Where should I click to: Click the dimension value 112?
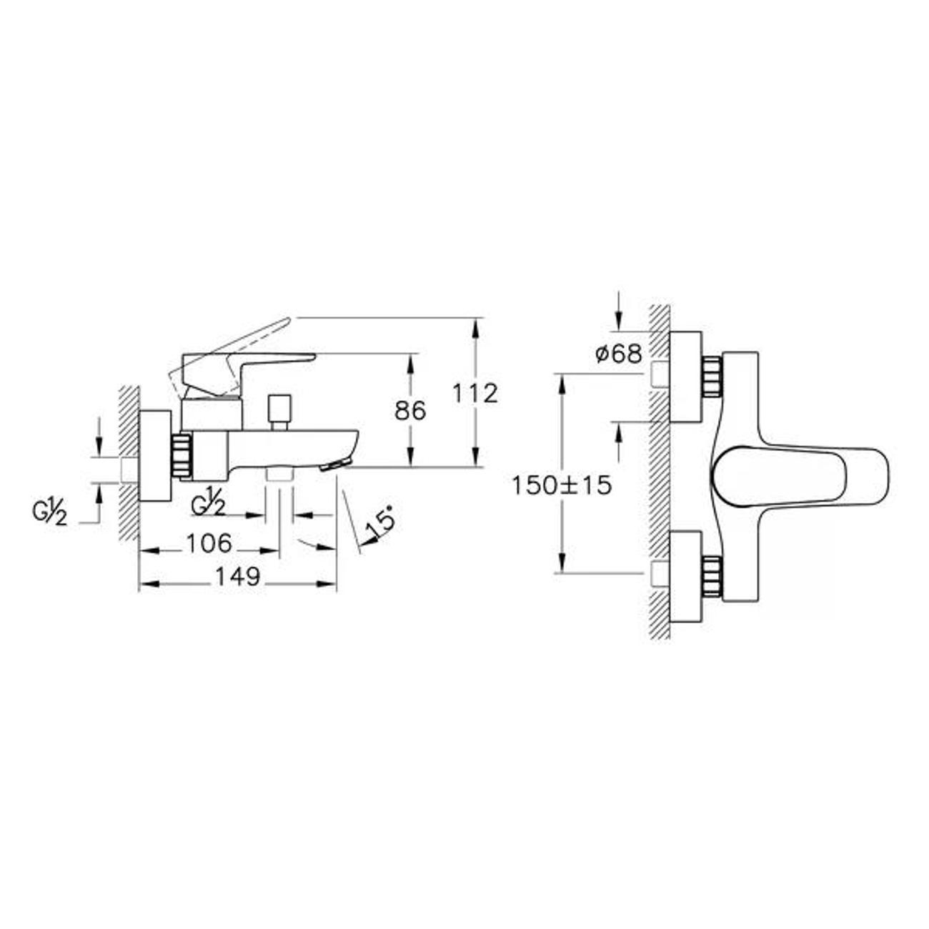click(x=475, y=393)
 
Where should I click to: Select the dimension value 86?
click(x=410, y=411)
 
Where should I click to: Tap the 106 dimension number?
click(x=209, y=544)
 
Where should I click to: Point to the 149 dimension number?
click(x=238, y=577)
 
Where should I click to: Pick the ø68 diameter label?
click(x=619, y=355)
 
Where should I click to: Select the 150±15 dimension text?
click(x=562, y=485)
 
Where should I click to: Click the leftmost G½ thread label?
click(x=49, y=513)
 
